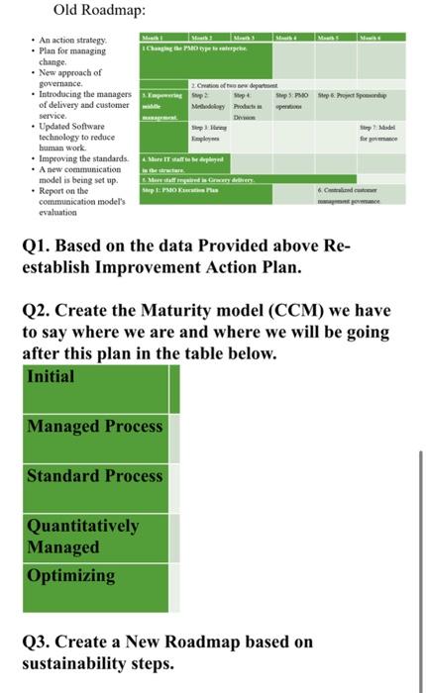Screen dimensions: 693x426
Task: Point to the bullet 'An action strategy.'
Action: coord(74,37)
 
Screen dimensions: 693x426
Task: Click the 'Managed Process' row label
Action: coord(95,426)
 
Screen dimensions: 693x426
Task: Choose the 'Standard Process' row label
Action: coord(95,475)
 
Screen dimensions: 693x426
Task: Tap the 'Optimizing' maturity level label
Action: coord(71,574)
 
